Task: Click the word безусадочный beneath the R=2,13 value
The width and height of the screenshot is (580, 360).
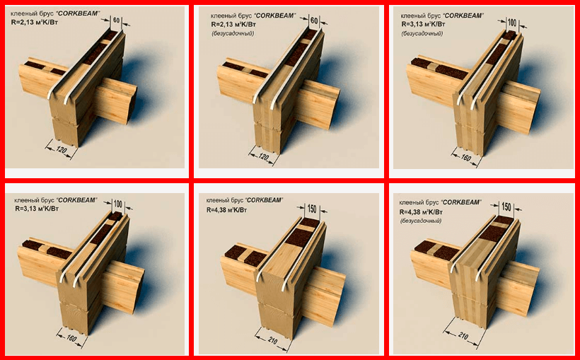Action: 233,34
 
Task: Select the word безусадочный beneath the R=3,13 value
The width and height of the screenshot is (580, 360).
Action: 422,33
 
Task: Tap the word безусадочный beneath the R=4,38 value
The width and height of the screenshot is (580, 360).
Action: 421,221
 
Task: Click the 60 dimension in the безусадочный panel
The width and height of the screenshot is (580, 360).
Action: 314,21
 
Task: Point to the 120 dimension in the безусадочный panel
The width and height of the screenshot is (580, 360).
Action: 263,157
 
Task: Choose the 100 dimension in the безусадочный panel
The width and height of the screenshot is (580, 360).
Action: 511,23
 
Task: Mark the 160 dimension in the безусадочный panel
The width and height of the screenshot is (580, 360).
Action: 465,158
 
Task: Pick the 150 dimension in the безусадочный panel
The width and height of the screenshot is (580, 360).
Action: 506,207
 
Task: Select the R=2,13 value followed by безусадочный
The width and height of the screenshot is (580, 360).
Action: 234,25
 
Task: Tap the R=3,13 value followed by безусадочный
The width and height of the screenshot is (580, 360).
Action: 423,25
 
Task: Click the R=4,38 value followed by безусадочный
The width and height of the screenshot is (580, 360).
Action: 421,212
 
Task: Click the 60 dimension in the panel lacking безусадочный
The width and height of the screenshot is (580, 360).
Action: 116,20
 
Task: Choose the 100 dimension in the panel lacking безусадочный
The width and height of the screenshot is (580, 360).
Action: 117,204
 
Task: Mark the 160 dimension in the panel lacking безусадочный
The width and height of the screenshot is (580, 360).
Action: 71,338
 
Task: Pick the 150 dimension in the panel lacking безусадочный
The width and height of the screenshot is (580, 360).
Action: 312,209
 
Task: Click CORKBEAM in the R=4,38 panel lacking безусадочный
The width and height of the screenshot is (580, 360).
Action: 264,200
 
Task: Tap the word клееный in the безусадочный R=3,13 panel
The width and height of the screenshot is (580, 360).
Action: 410,16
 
